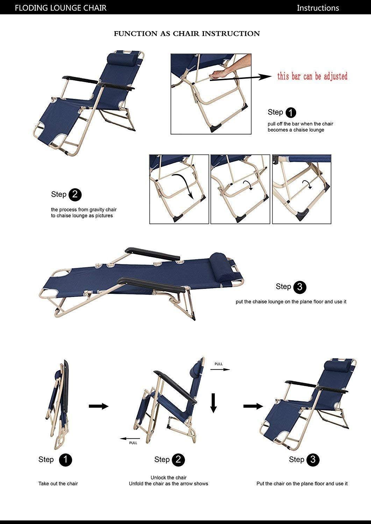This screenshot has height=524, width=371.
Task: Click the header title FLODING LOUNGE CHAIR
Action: click(x=60, y=8)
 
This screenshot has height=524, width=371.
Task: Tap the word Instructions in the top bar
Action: click(x=318, y=8)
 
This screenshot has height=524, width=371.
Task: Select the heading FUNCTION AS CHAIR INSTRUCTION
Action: click(x=187, y=34)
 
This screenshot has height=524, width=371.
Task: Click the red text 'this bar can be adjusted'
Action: click(x=312, y=76)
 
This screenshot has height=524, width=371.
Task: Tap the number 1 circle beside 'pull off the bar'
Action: click(x=291, y=112)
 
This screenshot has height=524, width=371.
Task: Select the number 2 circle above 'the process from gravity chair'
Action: click(x=75, y=195)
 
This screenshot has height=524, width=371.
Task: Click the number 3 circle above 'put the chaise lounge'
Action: click(x=300, y=287)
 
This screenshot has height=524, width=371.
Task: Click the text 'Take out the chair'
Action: click(x=58, y=483)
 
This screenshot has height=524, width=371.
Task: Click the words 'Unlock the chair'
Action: click(x=168, y=478)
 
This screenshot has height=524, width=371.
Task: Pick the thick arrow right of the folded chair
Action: click(x=99, y=406)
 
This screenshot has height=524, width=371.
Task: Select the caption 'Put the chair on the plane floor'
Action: click(x=302, y=483)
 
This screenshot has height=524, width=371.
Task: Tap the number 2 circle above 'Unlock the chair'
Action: click(x=178, y=460)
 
